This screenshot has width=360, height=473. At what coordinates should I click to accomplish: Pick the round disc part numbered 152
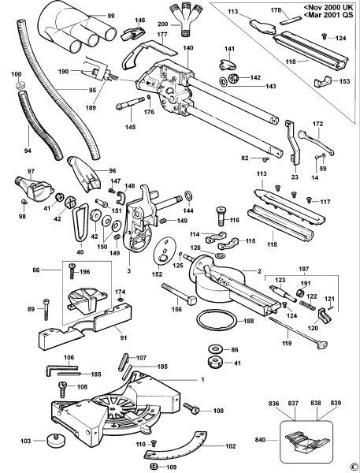tap(165, 251)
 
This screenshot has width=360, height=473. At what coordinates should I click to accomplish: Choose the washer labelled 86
tap(213, 349)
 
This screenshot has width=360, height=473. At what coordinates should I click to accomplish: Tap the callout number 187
tap(303, 269)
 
